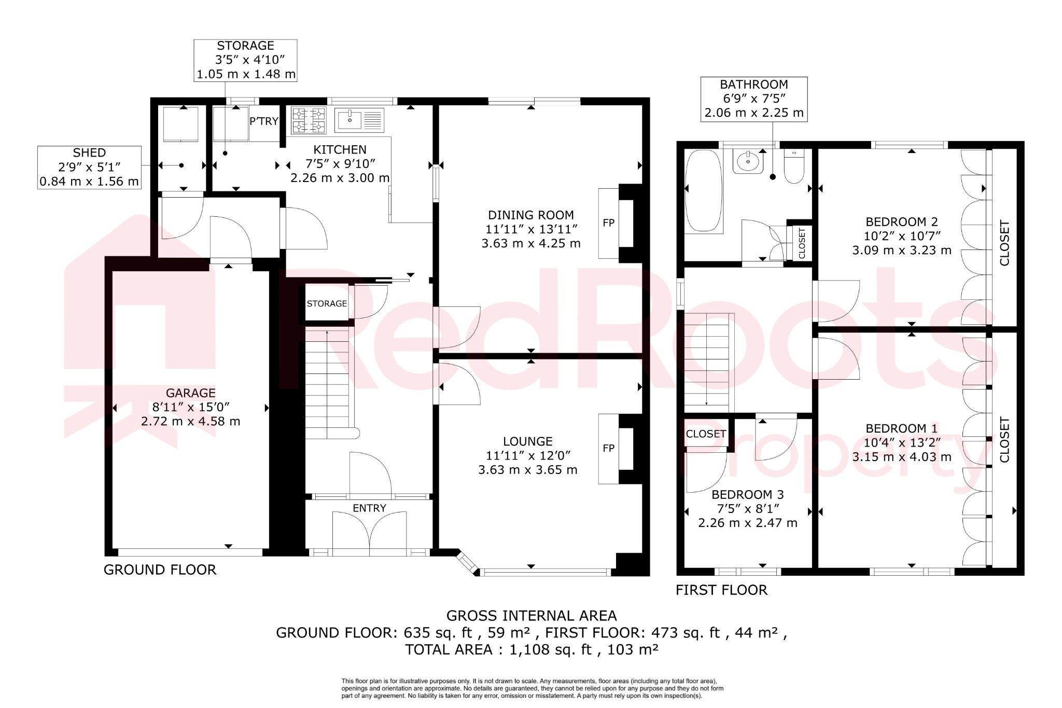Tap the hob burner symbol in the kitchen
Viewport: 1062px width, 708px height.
(x=309, y=120)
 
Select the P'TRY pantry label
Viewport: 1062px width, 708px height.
(x=264, y=121)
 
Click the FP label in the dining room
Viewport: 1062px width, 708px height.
(x=608, y=223)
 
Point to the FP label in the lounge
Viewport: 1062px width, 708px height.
(x=608, y=448)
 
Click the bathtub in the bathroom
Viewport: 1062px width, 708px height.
(x=703, y=190)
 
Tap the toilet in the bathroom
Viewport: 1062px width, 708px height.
(x=794, y=166)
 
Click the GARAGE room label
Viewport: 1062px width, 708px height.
(x=190, y=393)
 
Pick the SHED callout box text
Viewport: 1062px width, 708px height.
(x=89, y=153)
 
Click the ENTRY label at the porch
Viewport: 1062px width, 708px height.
(x=369, y=508)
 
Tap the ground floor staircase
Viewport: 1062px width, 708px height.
(x=327, y=384)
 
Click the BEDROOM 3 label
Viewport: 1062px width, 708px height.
(x=747, y=495)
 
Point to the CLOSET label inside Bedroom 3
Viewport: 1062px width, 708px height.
(x=706, y=434)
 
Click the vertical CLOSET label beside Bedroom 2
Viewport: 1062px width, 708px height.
(x=1004, y=243)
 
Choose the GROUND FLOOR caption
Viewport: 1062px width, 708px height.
(x=160, y=570)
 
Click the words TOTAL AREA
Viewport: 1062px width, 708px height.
(x=449, y=650)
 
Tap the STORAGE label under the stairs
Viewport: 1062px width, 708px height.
(x=327, y=304)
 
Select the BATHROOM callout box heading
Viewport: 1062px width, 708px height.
(x=753, y=85)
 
